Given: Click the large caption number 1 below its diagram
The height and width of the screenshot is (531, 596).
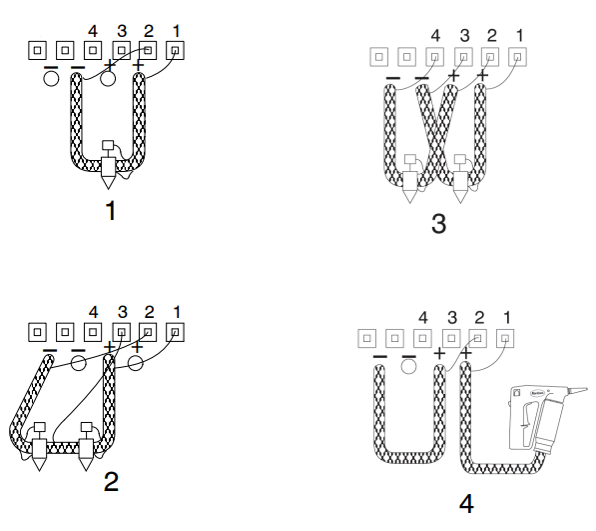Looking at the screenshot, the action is click(111, 210).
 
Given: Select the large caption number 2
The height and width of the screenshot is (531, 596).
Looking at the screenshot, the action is click(111, 482).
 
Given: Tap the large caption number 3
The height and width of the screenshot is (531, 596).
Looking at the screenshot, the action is click(438, 223).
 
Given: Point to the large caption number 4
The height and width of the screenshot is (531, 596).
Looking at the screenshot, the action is click(466, 504).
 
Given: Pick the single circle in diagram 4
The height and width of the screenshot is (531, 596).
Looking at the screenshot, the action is click(408, 367).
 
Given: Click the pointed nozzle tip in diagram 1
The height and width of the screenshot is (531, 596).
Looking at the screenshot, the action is click(108, 182).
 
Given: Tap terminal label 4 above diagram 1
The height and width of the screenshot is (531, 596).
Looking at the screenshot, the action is click(93, 31).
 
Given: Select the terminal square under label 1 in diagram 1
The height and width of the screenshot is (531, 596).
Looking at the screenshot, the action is click(176, 50).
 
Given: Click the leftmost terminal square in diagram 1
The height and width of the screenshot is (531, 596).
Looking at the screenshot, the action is click(37, 50).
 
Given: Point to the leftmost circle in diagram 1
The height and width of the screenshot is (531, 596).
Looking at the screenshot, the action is click(51, 79).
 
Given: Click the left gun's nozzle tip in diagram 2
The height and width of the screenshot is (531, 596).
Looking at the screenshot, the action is click(39, 465).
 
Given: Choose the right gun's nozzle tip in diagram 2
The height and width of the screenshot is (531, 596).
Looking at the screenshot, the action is click(86, 465).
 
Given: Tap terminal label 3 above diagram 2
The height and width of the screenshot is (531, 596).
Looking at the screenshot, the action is click(122, 312).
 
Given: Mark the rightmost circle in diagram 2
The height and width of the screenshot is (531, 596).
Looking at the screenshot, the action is click(136, 363).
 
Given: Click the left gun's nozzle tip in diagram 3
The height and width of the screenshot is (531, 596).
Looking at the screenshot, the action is click(409, 197).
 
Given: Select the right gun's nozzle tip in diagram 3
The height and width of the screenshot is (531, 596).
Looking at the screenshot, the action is click(460, 197).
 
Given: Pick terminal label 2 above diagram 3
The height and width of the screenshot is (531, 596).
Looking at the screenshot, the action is click(492, 35).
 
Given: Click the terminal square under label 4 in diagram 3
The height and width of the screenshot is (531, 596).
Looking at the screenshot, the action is click(435, 57).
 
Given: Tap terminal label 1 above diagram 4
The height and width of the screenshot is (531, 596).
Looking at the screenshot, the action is click(507, 317).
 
